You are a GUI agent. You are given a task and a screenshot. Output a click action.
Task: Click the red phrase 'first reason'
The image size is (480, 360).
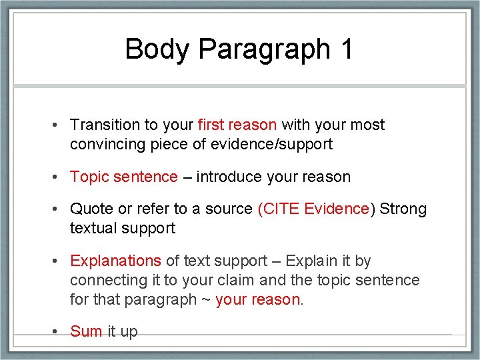click(237, 125)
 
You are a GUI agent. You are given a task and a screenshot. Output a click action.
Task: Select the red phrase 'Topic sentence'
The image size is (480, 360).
click(124, 177)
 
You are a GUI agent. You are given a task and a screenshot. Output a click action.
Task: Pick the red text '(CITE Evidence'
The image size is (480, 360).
click(313, 209)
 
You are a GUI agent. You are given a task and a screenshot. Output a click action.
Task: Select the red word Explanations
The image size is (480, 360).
click(115, 261)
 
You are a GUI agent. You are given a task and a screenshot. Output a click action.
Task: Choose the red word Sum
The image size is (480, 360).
click(86, 331)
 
